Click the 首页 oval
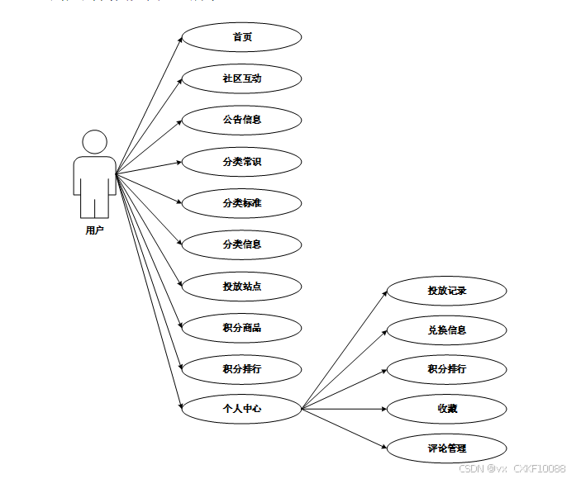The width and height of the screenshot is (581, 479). click(241, 37)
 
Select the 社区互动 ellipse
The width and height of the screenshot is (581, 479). click(241, 78)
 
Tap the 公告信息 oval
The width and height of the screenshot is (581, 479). click(241, 120)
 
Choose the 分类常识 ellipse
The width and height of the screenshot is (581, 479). click(241, 162)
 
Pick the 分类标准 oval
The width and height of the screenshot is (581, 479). click(241, 202)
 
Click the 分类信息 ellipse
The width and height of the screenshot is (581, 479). click(241, 244)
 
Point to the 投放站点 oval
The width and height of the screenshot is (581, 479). click(241, 287)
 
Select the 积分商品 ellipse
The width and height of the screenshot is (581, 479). click(241, 328)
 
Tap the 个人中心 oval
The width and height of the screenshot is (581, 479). click(241, 408)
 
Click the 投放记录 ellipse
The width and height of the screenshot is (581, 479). click(446, 291)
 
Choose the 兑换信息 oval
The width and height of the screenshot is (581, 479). click(446, 330)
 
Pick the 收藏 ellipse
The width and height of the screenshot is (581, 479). click(446, 409)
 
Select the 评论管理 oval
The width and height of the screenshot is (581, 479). click(446, 448)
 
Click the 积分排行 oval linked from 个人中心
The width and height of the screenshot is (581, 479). click(446, 369)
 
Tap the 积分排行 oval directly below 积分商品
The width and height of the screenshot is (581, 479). click(241, 368)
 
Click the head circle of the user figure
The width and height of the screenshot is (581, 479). click(95, 141)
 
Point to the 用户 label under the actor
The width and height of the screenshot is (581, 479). click(94, 230)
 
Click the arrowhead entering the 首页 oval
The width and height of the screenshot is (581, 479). click(179, 40)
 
